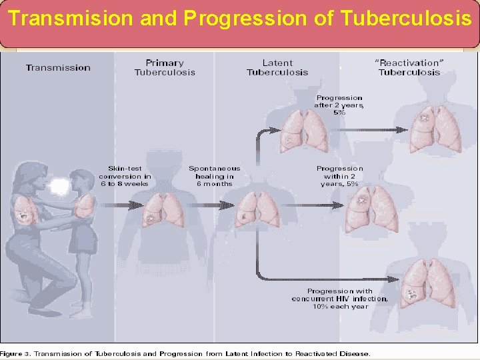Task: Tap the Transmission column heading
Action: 58,67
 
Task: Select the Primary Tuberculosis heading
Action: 165,67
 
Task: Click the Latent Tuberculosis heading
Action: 277,67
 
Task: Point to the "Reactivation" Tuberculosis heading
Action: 409,67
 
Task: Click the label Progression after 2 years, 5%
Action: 339,105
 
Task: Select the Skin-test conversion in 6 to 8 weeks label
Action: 125,176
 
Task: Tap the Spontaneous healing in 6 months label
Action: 214,176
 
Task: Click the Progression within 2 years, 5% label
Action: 340,176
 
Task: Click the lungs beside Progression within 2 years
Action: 371,207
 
